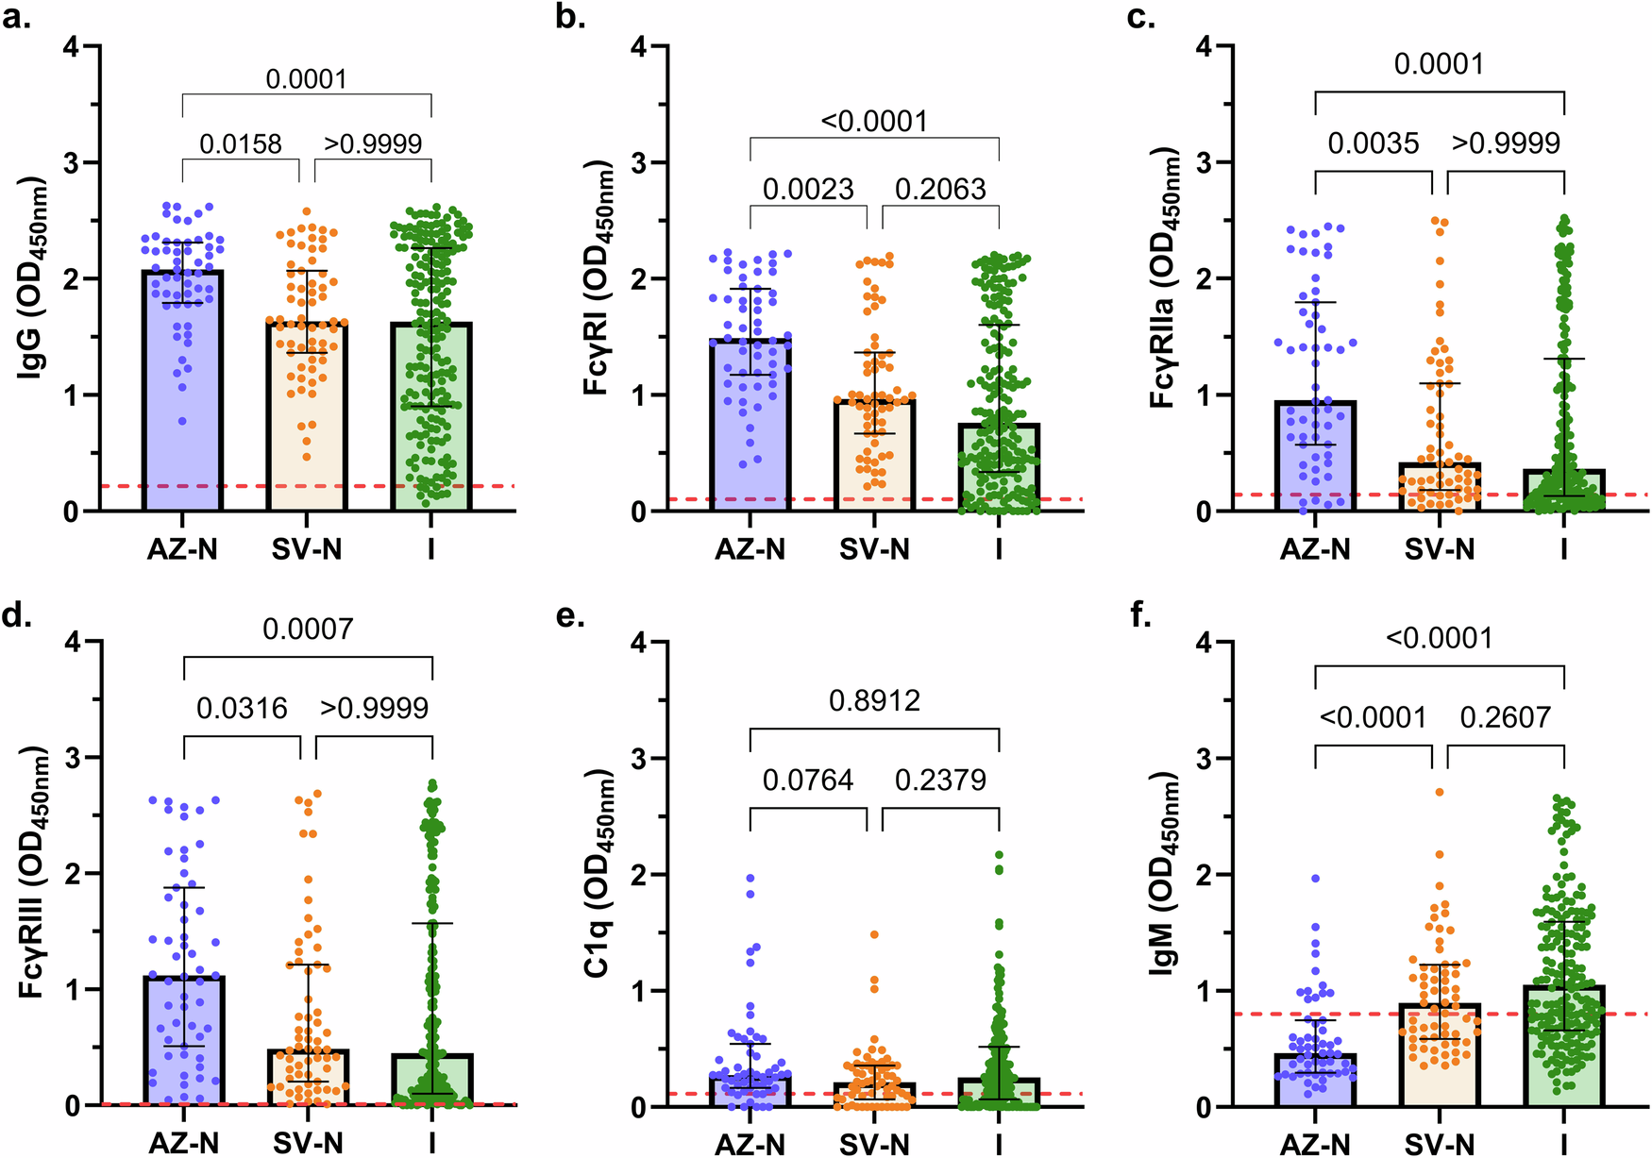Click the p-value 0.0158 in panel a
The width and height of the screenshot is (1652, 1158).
240,144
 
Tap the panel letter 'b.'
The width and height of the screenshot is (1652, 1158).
571,17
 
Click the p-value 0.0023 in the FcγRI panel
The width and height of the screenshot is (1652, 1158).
808,190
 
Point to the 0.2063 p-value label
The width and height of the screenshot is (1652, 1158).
940,190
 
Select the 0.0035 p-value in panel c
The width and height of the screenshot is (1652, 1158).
1373,143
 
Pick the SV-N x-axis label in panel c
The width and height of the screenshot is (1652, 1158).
1439,549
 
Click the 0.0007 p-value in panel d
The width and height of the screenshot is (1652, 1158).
308,629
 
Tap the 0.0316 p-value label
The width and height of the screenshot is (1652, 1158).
242,709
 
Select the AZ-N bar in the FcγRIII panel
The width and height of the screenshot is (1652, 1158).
183,1048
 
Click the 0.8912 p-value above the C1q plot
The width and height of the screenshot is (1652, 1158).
874,701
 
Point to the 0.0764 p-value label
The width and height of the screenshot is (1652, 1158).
808,780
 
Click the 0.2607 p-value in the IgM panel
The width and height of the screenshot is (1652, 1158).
1505,718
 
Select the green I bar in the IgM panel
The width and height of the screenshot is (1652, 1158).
1563,1048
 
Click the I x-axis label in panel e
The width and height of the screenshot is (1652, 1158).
999,1145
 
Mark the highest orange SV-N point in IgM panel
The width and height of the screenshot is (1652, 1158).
1440,792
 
